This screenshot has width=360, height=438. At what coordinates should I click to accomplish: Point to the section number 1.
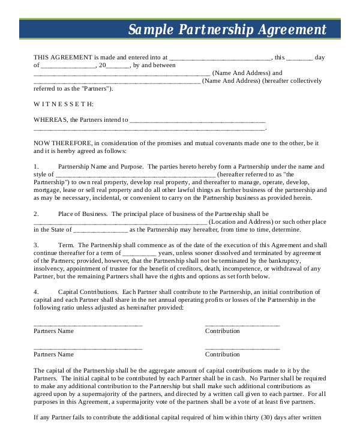click(x=36, y=166)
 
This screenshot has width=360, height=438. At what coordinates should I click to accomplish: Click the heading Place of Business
click(x=83, y=214)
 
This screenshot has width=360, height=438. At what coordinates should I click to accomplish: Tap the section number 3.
click(x=36, y=245)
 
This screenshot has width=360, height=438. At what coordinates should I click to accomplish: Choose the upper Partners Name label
click(x=53, y=331)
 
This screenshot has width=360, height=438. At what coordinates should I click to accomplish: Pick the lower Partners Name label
click(x=53, y=354)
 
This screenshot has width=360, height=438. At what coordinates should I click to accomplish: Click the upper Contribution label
click(x=222, y=331)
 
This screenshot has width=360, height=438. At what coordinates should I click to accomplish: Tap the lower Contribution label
click(x=222, y=354)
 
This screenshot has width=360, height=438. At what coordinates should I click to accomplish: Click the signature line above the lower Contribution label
click(x=242, y=347)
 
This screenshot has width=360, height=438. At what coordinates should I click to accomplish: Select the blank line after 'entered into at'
click(x=220, y=58)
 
